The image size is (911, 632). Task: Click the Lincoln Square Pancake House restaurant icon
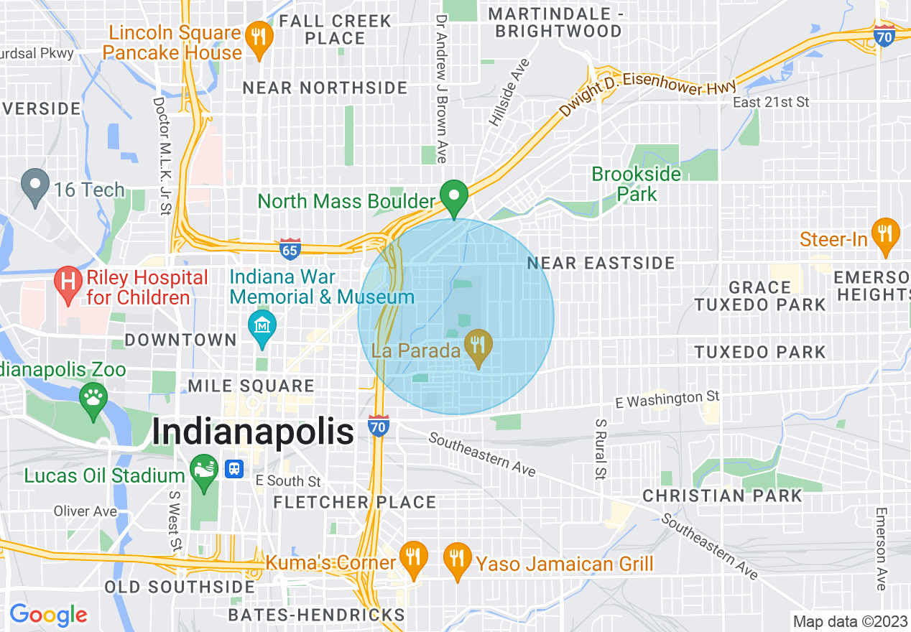256,35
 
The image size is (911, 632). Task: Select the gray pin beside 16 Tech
34,185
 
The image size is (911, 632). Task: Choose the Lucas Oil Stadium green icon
203,470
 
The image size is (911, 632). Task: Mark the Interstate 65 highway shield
290,248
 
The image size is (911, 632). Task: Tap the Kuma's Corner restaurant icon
413,557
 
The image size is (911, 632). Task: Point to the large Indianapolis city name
253,433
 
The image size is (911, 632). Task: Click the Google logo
47,615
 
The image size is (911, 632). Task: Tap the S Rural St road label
599,448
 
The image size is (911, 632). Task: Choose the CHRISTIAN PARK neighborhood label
722,496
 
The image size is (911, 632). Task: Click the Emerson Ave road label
881,549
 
